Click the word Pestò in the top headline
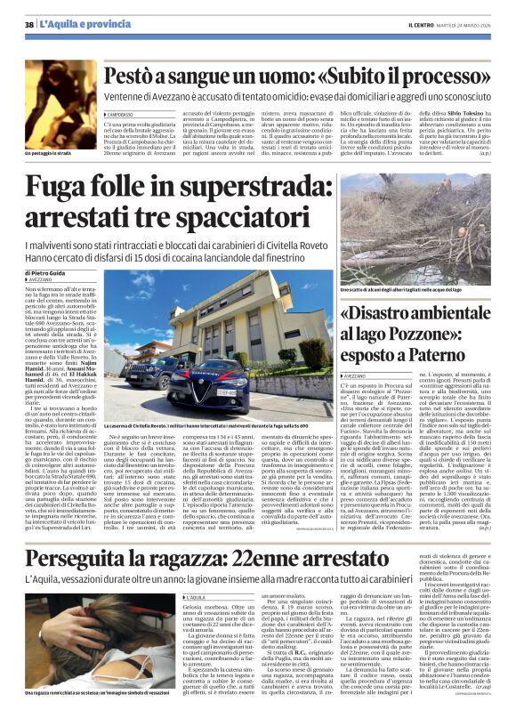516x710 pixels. tap(134, 77)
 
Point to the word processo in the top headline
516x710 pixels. tap(448, 77)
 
